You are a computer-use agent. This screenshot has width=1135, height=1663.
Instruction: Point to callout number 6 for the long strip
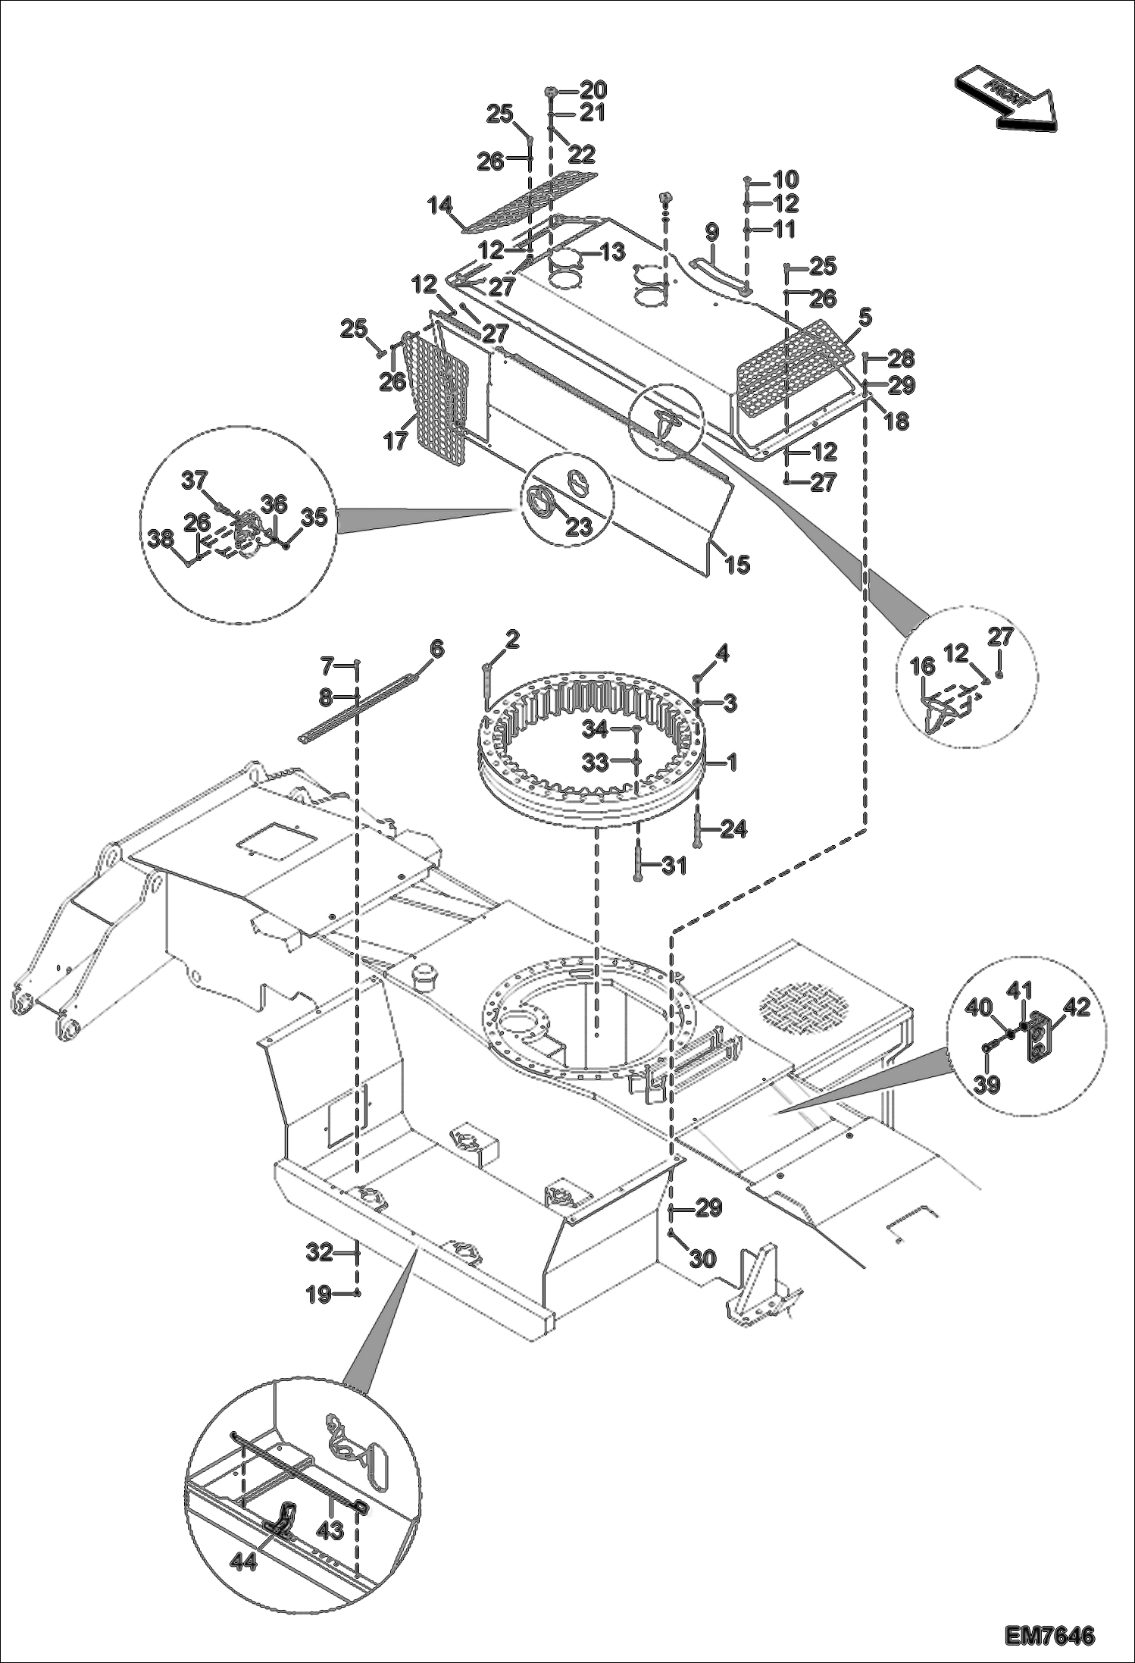(436, 650)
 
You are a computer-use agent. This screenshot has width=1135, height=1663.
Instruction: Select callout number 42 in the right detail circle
(1076, 1007)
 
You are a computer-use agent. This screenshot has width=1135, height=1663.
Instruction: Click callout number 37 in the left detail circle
(194, 480)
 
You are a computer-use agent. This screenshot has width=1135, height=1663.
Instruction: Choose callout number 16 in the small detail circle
(922, 666)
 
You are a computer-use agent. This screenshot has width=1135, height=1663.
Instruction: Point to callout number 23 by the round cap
(579, 527)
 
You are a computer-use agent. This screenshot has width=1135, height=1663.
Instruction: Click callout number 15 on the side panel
(736, 563)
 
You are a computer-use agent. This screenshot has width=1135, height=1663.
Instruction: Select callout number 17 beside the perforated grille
(396, 441)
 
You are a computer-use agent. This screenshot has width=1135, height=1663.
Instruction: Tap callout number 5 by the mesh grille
(865, 318)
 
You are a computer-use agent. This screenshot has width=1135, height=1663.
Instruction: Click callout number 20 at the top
(593, 90)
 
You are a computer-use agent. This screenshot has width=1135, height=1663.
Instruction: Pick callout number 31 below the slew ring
(674, 865)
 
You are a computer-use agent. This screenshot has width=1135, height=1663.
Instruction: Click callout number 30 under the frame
(702, 1259)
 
